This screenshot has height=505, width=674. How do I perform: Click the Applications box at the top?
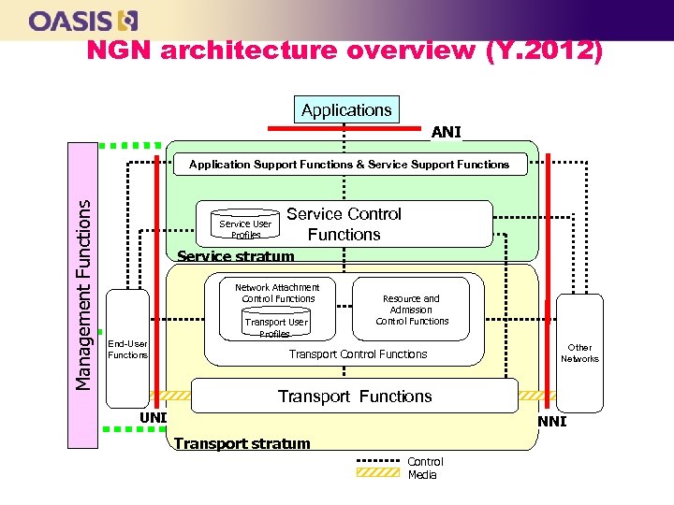346,109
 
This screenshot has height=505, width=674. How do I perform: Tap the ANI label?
447,133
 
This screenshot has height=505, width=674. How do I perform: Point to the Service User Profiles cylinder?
245,228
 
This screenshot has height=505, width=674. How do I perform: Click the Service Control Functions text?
344,224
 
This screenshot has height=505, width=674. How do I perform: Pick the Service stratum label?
236,256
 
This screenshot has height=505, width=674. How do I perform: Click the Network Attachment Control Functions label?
277,293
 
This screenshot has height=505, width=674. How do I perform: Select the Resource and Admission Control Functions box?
412,310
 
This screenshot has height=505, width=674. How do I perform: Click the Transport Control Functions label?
358,353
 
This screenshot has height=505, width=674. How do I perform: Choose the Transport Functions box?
354,396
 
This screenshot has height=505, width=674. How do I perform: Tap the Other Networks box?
579,352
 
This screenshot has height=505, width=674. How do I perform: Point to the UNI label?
153,416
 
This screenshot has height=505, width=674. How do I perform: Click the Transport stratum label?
242,443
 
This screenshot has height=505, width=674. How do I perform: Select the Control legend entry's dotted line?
379,461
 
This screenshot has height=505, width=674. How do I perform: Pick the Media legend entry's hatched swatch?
379,474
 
